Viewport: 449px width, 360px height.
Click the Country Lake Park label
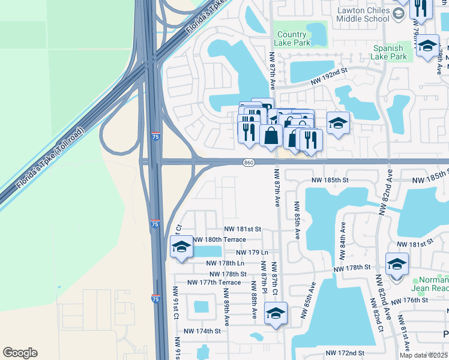click(292, 39)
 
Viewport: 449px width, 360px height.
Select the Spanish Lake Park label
click(390, 52)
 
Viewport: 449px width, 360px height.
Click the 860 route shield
click(249, 163)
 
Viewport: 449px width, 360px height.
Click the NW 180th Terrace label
click(219, 239)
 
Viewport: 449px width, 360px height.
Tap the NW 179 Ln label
click(252, 253)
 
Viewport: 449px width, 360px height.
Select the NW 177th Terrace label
click(214, 282)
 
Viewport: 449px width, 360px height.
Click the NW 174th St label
click(202, 331)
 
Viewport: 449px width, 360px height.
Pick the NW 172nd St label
click(345, 353)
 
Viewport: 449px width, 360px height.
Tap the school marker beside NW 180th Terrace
click(181, 247)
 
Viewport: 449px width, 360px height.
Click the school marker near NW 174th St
click(276, 313)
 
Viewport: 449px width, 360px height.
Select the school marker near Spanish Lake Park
click(427, 47)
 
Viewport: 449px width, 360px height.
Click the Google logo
click(20, 353)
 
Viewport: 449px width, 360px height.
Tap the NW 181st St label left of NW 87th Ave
click(243, 229)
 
